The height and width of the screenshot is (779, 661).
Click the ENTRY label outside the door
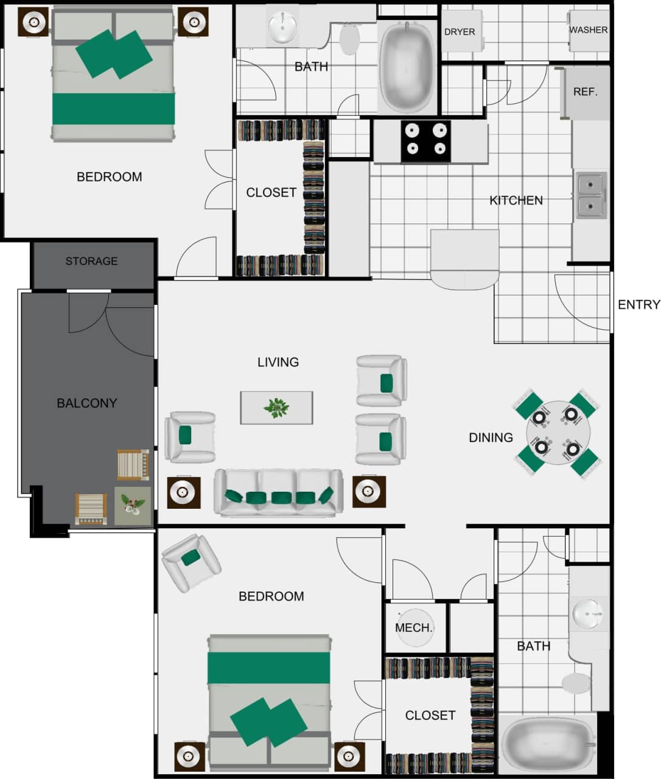coord(638,305)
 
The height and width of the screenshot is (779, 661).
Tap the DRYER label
coord(460,32)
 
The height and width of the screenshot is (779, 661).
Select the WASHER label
coord(588,30)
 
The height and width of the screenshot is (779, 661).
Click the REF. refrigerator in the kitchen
coord(586,93)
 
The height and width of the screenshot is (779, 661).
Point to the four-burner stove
coord(425,141)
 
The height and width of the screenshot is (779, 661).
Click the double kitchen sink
coord(590,195)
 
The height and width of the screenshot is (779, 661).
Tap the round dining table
coord(556,433)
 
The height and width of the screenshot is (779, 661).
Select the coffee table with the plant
coord(276,408)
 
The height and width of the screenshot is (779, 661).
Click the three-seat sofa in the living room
coord(278,493)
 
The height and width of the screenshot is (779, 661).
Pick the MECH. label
coord(414,627)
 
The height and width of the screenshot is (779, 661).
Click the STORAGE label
coord(91,261)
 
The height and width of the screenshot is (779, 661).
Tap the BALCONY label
coord(86,403)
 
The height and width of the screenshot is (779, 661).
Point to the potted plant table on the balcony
coord(133,506)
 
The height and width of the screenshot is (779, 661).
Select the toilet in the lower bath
coord(578,683)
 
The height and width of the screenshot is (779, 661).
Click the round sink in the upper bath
coord(282,27)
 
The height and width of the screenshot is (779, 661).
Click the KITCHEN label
coord(516,200)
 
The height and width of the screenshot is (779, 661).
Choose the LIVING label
coord(278,362)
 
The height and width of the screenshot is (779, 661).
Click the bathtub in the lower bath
coord(546,744)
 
